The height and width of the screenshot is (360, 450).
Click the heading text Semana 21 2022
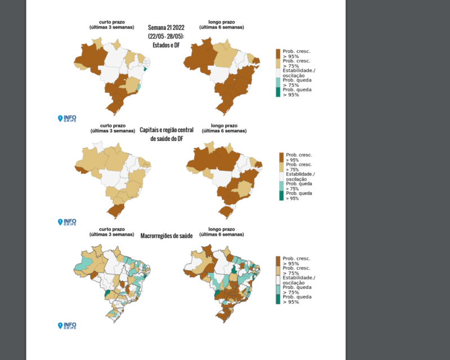[166, 27]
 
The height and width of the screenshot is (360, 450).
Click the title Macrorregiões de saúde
[166, 236]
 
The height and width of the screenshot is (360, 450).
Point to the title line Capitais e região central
[166, 130]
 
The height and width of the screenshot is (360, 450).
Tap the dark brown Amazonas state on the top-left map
[91, 57]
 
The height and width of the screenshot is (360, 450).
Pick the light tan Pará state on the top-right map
[226, 56]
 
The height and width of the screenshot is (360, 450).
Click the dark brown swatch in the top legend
[278, 53]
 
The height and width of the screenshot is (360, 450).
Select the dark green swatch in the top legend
[278, 92]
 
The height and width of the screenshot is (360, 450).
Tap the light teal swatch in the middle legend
[281, 186]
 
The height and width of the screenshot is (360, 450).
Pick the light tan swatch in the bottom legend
[278, 271]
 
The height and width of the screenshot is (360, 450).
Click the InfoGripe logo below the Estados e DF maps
[67, 119]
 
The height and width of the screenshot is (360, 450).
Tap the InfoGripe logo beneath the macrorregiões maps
[67, 325]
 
